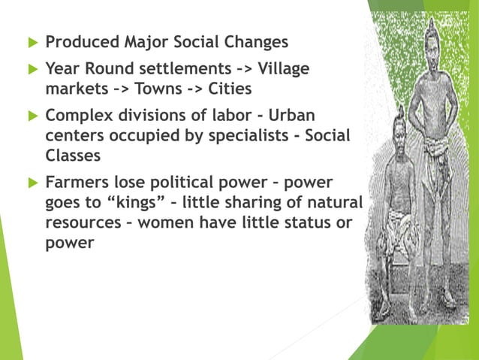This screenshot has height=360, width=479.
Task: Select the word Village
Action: point(283,69)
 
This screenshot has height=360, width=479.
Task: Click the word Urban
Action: point(288,116)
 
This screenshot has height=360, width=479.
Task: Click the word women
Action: point(182,223)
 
